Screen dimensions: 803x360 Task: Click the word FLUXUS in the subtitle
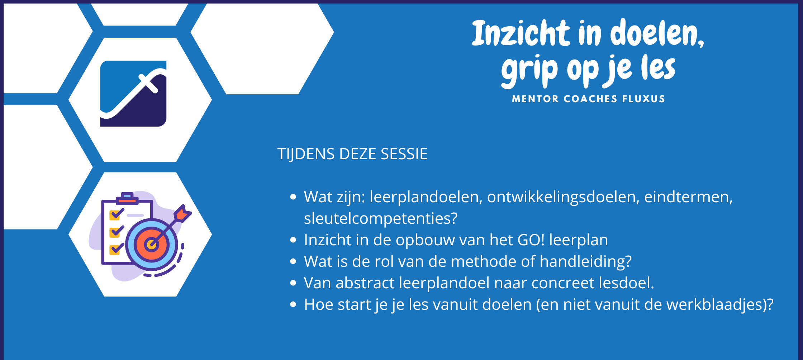pos(643,99)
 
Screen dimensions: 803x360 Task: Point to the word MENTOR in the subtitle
pos(535,99)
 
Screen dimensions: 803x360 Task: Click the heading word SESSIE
pos(404,154)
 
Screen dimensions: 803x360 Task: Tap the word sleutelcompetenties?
pos(381,218)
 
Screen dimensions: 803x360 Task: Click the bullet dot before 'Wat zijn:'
pos(293,197)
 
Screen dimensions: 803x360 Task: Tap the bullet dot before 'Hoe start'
pos(293,304)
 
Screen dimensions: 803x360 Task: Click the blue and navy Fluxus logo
pos(133,94)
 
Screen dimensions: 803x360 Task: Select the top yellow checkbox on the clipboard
pos(115,215)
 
